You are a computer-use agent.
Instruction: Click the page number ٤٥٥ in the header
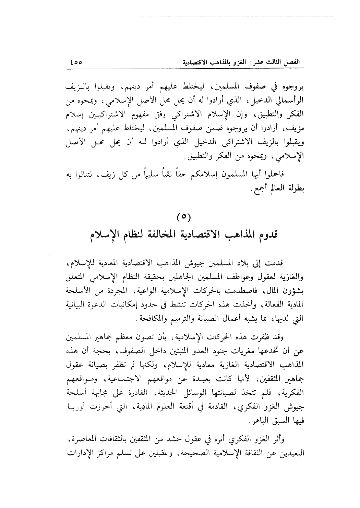tap(76, 63)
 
